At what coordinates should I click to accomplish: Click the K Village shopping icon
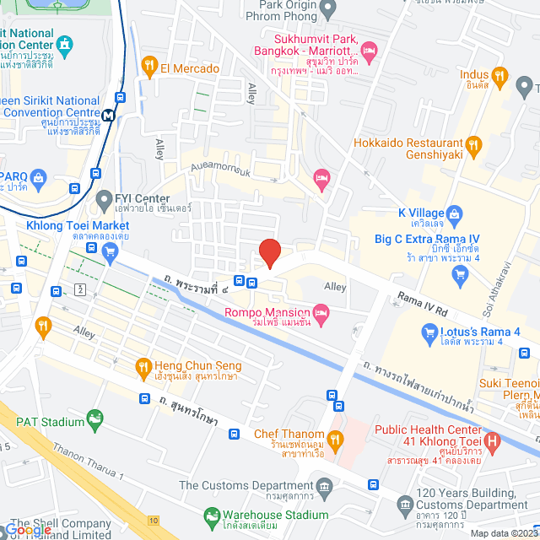453,213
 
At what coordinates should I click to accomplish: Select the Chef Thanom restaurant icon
336,438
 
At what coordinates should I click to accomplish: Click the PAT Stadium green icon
94,418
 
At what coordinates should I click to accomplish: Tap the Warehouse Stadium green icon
211,515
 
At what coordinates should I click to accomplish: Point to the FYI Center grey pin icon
104,200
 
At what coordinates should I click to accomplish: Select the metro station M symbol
108,115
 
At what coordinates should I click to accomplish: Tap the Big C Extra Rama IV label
427,239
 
